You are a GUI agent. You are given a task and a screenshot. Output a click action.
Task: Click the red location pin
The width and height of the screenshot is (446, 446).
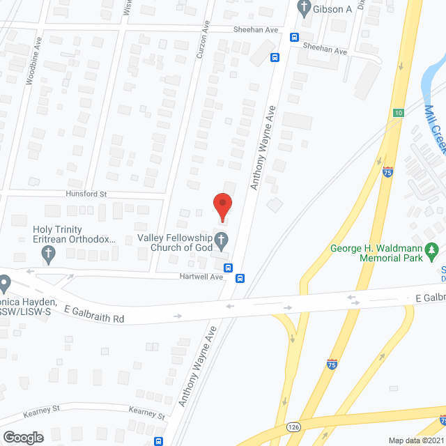[x=222, y=205]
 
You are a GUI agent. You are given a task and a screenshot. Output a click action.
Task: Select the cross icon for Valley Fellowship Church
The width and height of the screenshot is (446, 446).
[x=222, y=242]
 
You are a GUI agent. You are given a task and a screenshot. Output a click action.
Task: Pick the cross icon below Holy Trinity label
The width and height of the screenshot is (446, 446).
[x=48, y=254]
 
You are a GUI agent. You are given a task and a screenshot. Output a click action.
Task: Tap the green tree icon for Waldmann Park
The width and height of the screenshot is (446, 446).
[x=432, y=248]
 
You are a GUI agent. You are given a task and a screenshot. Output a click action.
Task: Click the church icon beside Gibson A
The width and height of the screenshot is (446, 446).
[x=303, y=8]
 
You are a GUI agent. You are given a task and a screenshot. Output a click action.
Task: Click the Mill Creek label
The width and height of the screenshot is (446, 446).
[x=435, y=132]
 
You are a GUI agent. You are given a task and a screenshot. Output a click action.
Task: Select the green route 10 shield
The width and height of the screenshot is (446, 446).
[x=398, y=112]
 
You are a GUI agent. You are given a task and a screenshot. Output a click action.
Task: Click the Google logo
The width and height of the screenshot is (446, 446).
[x=22, y=437]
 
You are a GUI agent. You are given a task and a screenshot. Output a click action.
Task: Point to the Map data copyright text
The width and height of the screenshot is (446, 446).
[x=415, y=440]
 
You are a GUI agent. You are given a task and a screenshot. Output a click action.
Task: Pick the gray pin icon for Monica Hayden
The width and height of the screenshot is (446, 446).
[x=5, y=284]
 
